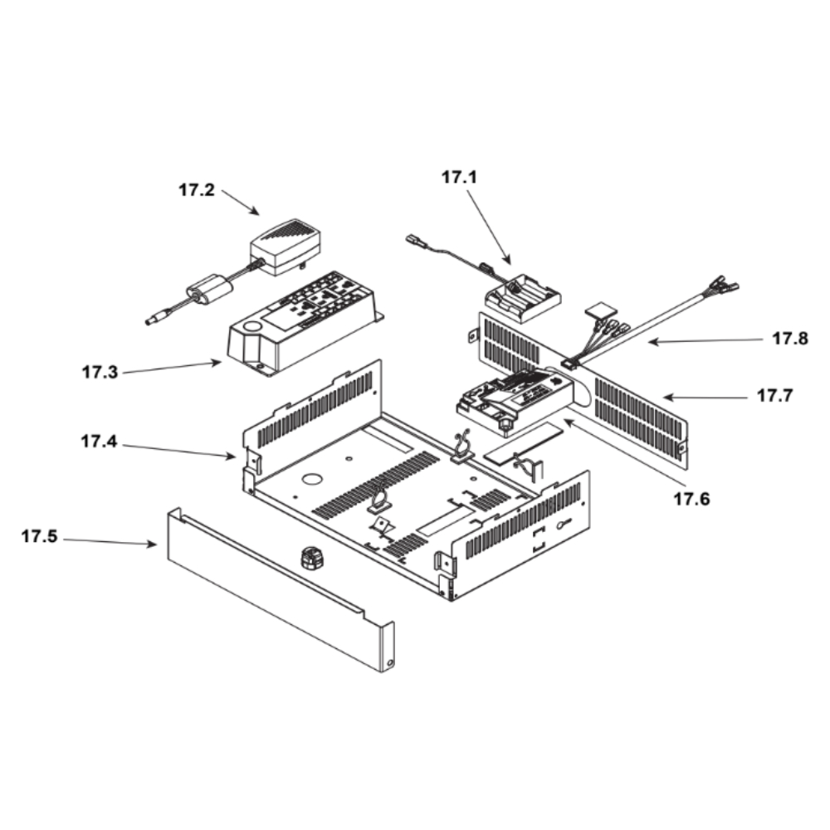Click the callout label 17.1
(459, 177)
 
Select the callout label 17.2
(196, 190)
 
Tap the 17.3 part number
(100, 372)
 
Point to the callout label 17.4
(99, 442)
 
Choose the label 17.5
(39, 537)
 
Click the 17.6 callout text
(691, 500)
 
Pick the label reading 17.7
(774, 396)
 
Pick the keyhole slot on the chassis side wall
(564, 523)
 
